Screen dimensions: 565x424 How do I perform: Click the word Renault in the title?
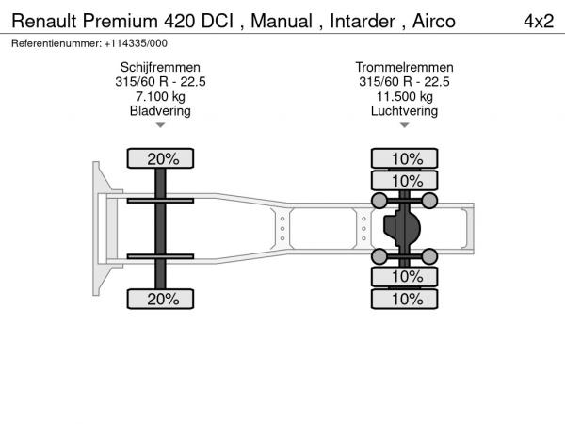click(44, 21)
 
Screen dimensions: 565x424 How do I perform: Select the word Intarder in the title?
click(363, 21)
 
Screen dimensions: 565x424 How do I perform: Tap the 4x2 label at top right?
click(539, 21)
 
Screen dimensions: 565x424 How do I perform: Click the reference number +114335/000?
click(136, 43)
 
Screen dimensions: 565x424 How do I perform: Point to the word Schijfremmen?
click(160, 67)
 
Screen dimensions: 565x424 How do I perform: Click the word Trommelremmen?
click(404, 67)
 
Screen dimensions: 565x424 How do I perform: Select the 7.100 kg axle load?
click(160, 96)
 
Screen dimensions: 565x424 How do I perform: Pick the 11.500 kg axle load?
click(404, 96)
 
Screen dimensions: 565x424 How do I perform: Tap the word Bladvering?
click(160, 110)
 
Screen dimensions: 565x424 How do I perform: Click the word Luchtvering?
click(404, 110)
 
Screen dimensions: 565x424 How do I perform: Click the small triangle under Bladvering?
click(160, 125)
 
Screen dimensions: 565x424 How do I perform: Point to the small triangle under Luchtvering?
click(404, 125)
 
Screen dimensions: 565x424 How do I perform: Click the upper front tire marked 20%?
click(160, 158)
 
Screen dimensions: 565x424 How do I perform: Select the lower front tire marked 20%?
click(160, 299)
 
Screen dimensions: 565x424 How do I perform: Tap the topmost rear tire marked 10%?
click(404, 158)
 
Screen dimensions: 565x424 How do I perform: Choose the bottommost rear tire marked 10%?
click(404, 299)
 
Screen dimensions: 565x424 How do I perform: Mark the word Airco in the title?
click(434, 21)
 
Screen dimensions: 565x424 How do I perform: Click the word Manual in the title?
click(282, 21)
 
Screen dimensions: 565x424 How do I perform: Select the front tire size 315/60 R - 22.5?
click(160, 81)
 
